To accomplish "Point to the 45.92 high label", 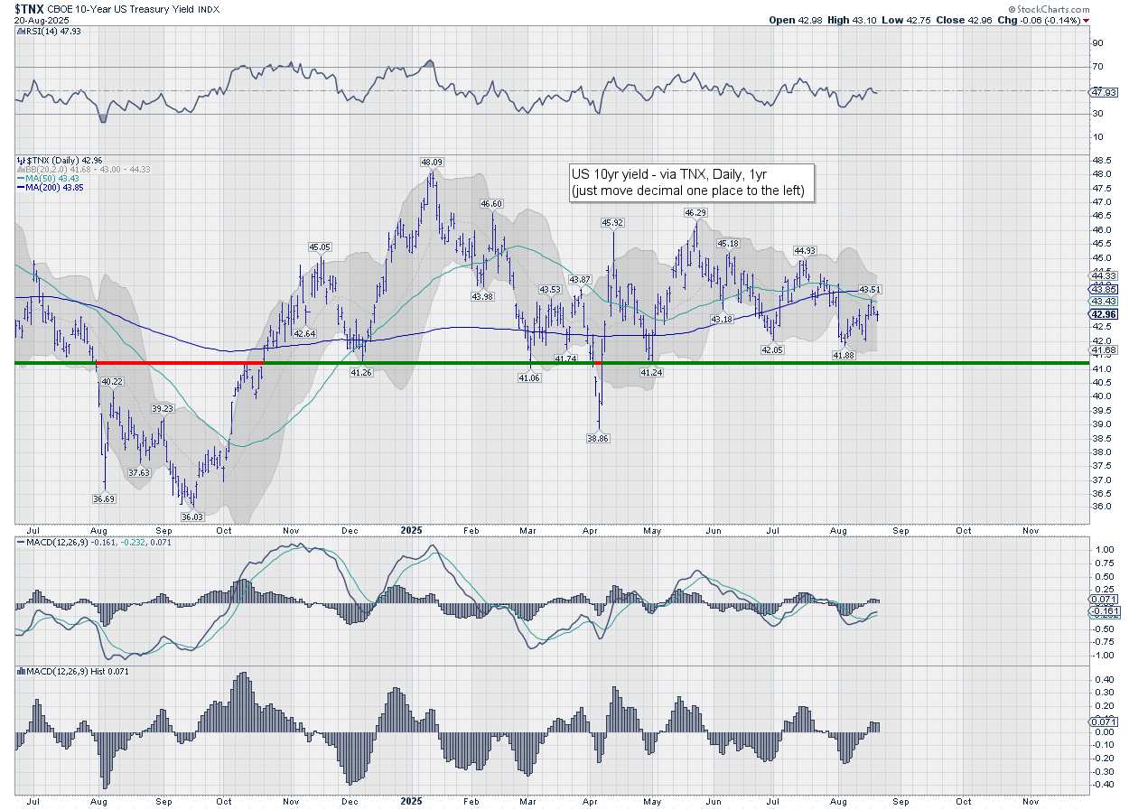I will coord(614,222).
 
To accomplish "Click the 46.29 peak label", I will coord(695,212).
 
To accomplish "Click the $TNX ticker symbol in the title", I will coord(29,8).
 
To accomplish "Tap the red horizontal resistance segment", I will coord(180,363).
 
